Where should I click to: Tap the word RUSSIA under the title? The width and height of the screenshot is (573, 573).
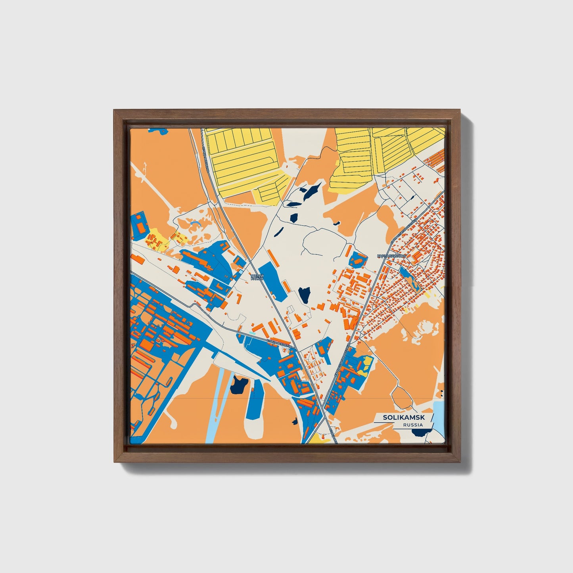pyautogui.click(x=412, y=425)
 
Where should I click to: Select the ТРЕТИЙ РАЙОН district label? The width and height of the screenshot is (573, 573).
pyautogui.click(x=257, y=277)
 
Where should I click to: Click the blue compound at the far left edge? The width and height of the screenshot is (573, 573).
pyautogui.click(x=139, y=225)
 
